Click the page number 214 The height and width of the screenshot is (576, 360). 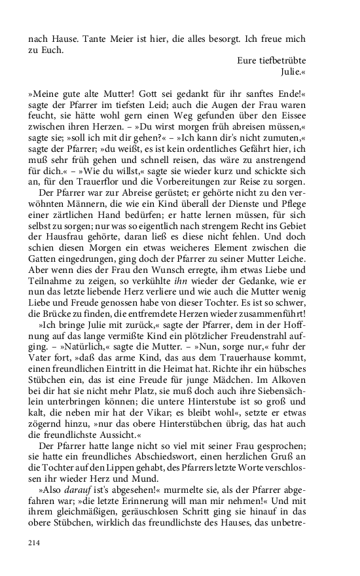point(35,543)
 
